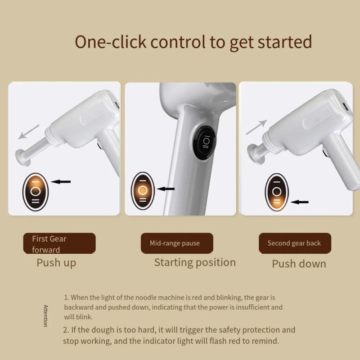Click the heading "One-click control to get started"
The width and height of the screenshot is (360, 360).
[193, 42]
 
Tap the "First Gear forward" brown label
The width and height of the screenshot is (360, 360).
[59, 243]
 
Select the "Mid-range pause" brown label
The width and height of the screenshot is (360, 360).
[177, 243]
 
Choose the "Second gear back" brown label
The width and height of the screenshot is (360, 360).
[294, 243]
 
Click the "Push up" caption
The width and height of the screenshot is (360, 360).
[56, 263]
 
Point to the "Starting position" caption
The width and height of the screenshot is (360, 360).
[195, 262]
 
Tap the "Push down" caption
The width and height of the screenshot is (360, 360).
[299, 264]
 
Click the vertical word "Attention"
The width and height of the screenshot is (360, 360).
[45, 316]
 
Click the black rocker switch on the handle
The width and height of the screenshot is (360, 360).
[206, 141]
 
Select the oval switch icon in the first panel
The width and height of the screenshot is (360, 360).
[36, 191]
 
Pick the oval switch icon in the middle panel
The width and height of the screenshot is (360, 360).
[143, 190]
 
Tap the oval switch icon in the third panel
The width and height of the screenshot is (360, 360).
[276, 192]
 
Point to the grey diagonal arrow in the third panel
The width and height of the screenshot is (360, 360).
[257, 127]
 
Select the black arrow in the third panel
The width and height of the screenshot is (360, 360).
[299, 202]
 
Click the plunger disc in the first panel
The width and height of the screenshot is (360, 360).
[20, 157]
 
